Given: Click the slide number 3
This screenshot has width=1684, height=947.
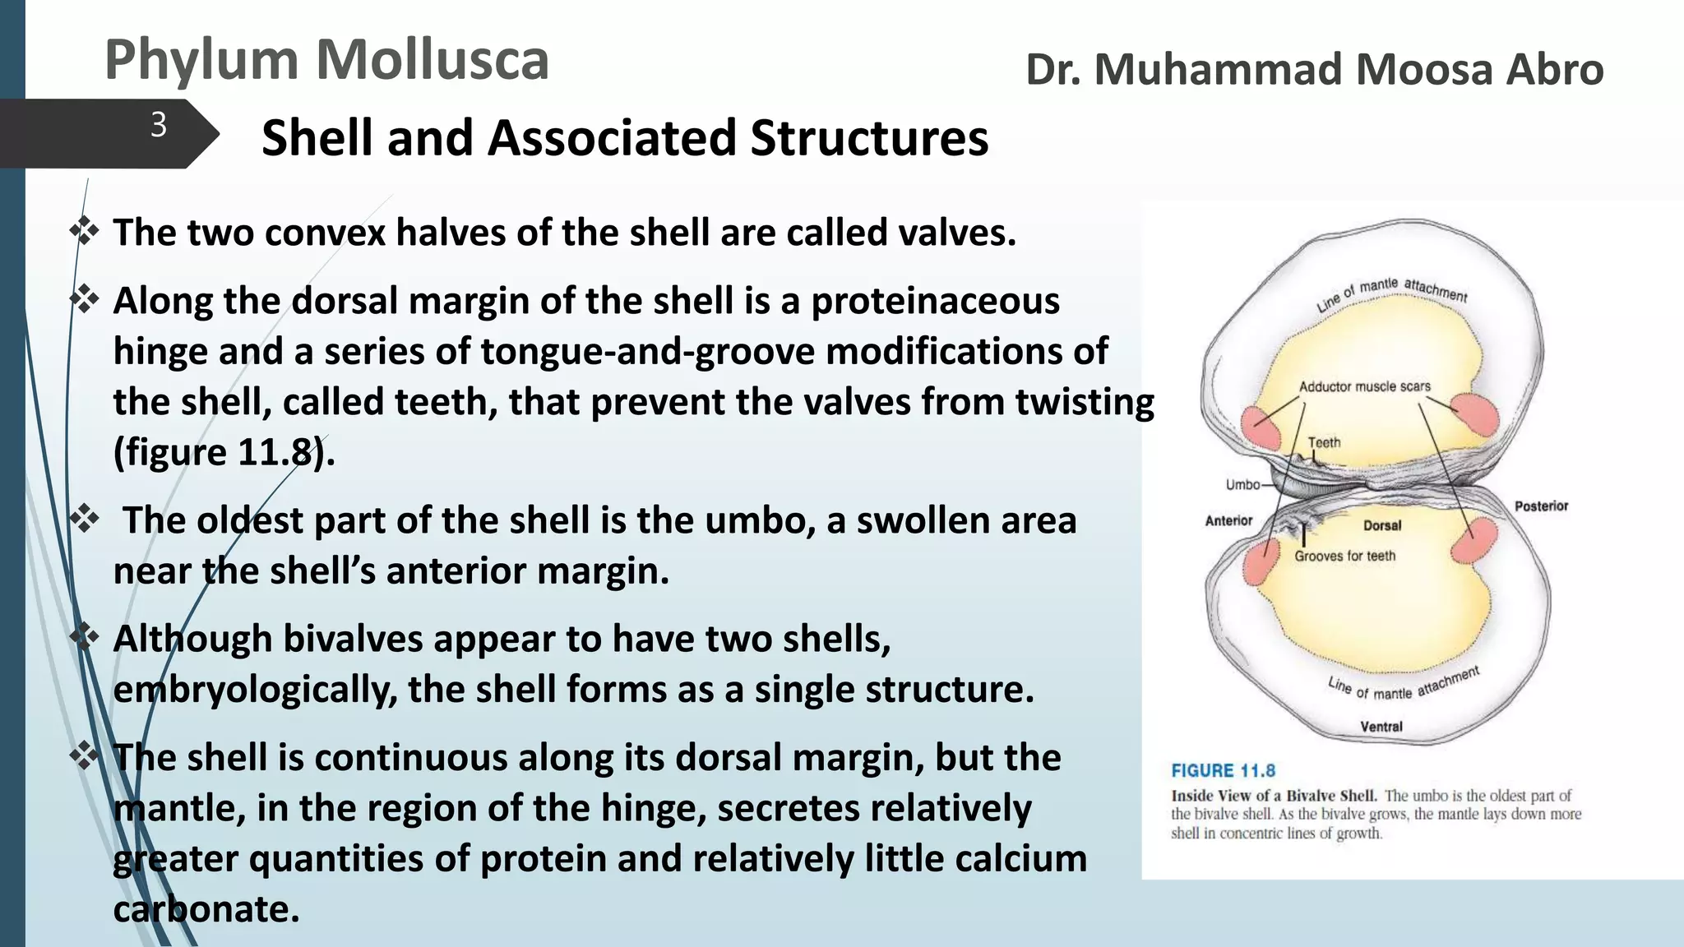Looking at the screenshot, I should pyautogui.click(x=159, y=126).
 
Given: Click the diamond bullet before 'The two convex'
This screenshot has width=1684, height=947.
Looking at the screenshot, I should pyautogui.click(x=85, y=231).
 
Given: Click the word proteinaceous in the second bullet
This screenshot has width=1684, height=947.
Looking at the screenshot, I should pyautogui.click(x=936, y=301).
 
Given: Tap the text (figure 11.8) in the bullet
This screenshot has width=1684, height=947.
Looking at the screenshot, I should pyautogui.click(x=224, y=453).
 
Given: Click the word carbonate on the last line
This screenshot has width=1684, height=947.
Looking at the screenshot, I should pyautogui.click(x=206, y=909).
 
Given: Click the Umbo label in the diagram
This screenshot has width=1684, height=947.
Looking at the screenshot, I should pyautogui.click(x=1242, y=485).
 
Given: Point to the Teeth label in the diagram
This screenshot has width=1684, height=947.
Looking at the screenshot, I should pyautogui.click(x=1324, y=442).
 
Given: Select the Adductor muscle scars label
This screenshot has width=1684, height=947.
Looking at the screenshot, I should pyautogui.click(x=1364, y=386).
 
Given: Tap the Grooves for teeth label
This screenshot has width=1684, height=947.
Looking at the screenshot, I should pyautogui.click(x=1344, y=557).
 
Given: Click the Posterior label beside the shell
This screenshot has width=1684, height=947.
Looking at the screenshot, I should pyautogui.click(x=1541, y=506).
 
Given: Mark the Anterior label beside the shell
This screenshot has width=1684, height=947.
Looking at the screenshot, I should pyautogui.click(x=1228, y=520).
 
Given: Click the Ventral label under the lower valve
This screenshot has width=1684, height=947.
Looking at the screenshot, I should pyautogui.click(x=1381, y=727).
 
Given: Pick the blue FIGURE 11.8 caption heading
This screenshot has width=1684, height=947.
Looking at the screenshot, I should pyautogui.click(x=1223, y=770).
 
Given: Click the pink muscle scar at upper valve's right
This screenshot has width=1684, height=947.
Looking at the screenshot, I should pyautogui.click(x=1474, y=413).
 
